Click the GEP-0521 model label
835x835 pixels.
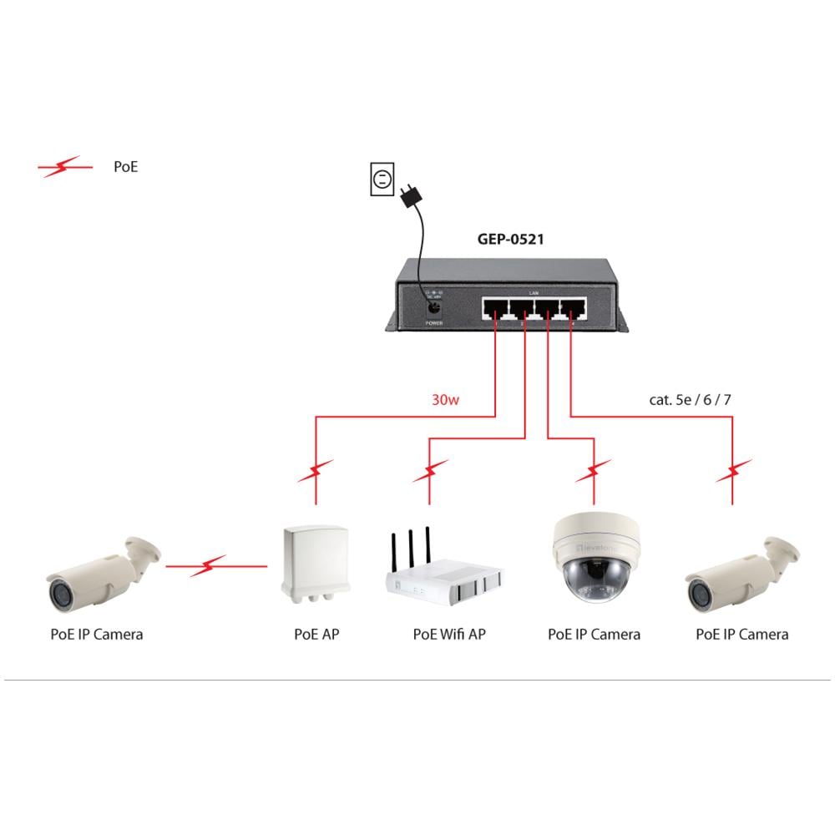tap(510, 240)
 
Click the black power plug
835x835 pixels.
tap(409, 197)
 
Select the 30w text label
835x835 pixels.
tap(446, 400)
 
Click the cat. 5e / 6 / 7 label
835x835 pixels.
tap(690, 400)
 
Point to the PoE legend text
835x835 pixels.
tap(125, 167)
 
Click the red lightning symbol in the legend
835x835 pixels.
tap(65, 167)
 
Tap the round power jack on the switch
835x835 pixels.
tap(433, 307)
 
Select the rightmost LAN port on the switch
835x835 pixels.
tap(574, 309)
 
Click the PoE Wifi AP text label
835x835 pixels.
tap(449, 635)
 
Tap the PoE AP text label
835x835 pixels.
tap(316, 635)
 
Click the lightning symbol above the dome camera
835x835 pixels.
tap(594, 472)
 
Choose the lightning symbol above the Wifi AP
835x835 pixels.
tap(431, 473)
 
